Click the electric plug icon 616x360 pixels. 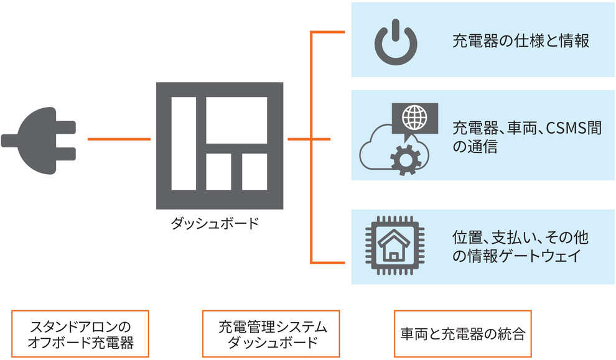click(x=37, y=138)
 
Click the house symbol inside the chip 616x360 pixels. click(x=393, y=246)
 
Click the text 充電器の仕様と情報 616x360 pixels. click(x=520, y=42)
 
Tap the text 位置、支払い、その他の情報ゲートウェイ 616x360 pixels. click(x=520, y=246)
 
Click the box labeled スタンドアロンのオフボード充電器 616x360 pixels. click(x=81, y=334)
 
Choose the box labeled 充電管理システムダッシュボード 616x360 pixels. click(x=271, y=334)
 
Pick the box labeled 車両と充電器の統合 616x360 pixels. click(x=463, y=334)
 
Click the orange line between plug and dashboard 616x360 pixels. click(x=119, y=139)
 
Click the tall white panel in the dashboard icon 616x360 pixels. click(x=184, y=143)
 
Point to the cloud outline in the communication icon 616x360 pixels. click(x=373, y=149)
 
